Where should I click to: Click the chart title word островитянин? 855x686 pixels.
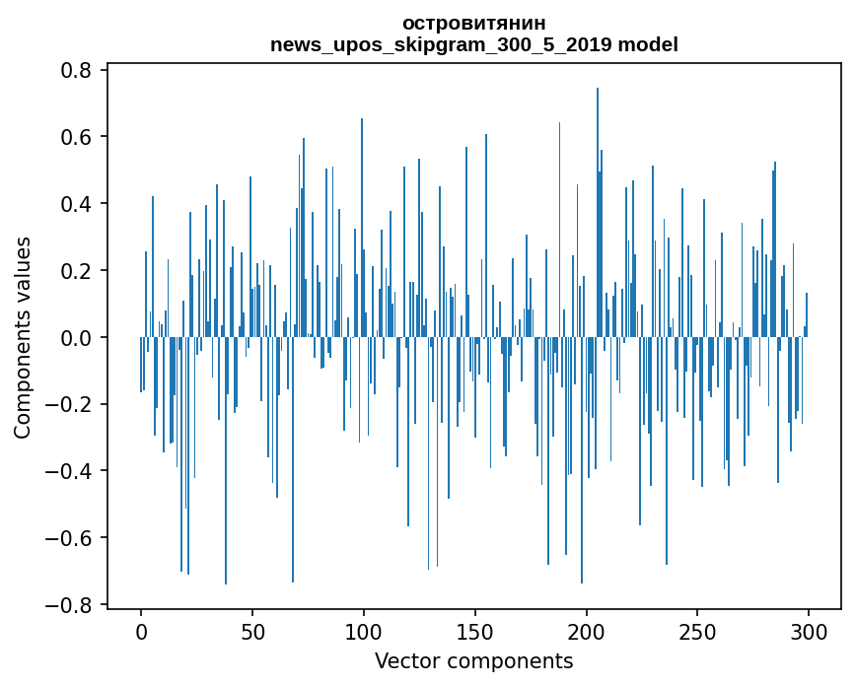(473, 23)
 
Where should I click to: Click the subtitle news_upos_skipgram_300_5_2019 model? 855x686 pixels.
(473, 44)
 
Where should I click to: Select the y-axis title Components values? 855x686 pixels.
(23, 337)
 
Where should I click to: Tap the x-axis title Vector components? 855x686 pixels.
(473, 660)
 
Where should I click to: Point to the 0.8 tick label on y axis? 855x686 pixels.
(78, 70)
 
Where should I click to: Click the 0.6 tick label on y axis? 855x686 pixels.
(78, 137)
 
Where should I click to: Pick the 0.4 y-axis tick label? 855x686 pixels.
(78, 204)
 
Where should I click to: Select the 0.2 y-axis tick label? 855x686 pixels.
(78, 271)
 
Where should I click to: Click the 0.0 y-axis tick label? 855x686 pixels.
(78, 338)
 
